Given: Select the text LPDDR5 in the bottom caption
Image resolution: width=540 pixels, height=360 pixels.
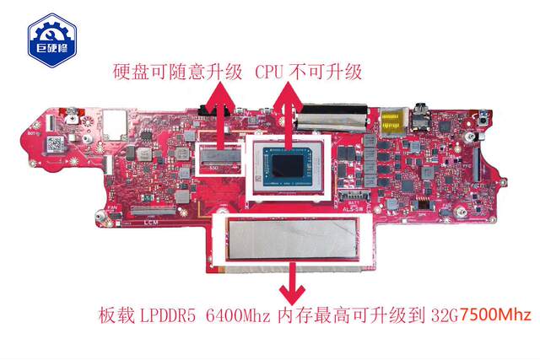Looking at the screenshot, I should click(x=165, y=317).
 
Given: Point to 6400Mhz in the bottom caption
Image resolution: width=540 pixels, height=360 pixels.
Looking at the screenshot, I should click(x=237, y=317).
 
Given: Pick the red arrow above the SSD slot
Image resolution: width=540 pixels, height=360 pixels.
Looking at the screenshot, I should click(x=222, y=114).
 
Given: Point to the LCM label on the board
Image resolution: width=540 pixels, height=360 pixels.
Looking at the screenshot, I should click(x=151, y=223).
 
